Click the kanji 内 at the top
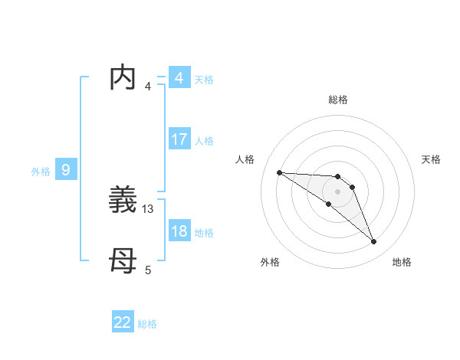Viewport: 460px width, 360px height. click(x=124, y=78)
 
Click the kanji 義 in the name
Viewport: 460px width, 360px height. click(x=124, y=201)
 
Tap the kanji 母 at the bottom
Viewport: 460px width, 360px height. click(x=124, y=263)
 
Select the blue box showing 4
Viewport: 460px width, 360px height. click(x=179, y=78)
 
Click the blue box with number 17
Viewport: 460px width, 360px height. click(x=179, y=139)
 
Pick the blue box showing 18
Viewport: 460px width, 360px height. click(x=179, y=232)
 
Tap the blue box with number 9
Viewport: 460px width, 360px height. click(x=66, y=170)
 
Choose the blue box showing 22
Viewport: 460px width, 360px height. click(x=123, y=322)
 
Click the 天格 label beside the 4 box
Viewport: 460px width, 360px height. click(x=204, y=80)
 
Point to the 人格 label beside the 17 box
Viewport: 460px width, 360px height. click(x=204, y=141)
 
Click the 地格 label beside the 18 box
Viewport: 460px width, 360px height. click(x=204, y=233)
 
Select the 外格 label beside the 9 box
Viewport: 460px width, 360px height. click(x=41, y=172)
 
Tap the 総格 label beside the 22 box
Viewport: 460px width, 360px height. click(x=147, y=324)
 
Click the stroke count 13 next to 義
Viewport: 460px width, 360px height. click(x=149, y=208)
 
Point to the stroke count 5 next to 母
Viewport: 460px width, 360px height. click(x=148, y=270)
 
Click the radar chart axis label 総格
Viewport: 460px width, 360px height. click(x=337, y=100)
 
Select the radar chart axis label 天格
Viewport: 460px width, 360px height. click(x=431, y=159)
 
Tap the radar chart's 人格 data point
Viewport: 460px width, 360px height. click(x=279, y=172)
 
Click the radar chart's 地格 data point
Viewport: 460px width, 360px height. click(x=374, y=242)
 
